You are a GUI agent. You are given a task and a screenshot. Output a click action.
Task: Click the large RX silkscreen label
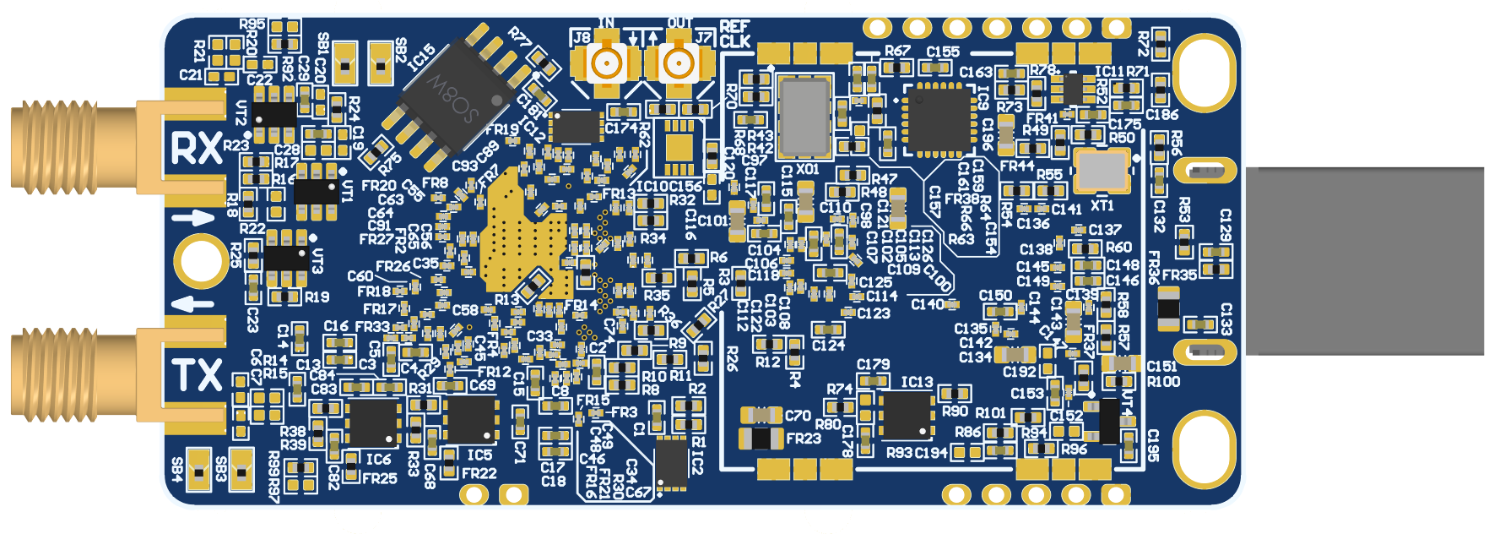(197, 148)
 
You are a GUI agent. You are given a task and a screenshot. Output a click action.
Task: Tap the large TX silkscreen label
(197, 374)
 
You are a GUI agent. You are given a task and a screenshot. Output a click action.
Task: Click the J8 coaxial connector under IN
(605, 63)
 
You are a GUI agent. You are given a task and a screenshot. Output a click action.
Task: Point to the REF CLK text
(735, 35)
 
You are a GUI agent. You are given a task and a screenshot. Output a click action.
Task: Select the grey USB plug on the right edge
(1364, 260)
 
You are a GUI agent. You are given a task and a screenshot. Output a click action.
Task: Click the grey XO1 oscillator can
(804, 116)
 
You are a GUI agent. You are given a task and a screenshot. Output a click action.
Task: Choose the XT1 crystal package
(1101, 170)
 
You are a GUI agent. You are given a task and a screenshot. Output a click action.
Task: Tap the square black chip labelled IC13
(906, 415)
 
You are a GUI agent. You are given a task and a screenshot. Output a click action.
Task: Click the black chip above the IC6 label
(372, 422)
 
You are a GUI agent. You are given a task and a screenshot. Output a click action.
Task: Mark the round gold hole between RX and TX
(201, 262)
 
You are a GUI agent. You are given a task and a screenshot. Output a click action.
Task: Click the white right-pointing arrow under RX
(194, 219)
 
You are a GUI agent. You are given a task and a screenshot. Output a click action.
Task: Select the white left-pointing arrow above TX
(194, 303)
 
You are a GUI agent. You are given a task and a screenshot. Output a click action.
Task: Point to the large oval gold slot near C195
(1205, 450)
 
